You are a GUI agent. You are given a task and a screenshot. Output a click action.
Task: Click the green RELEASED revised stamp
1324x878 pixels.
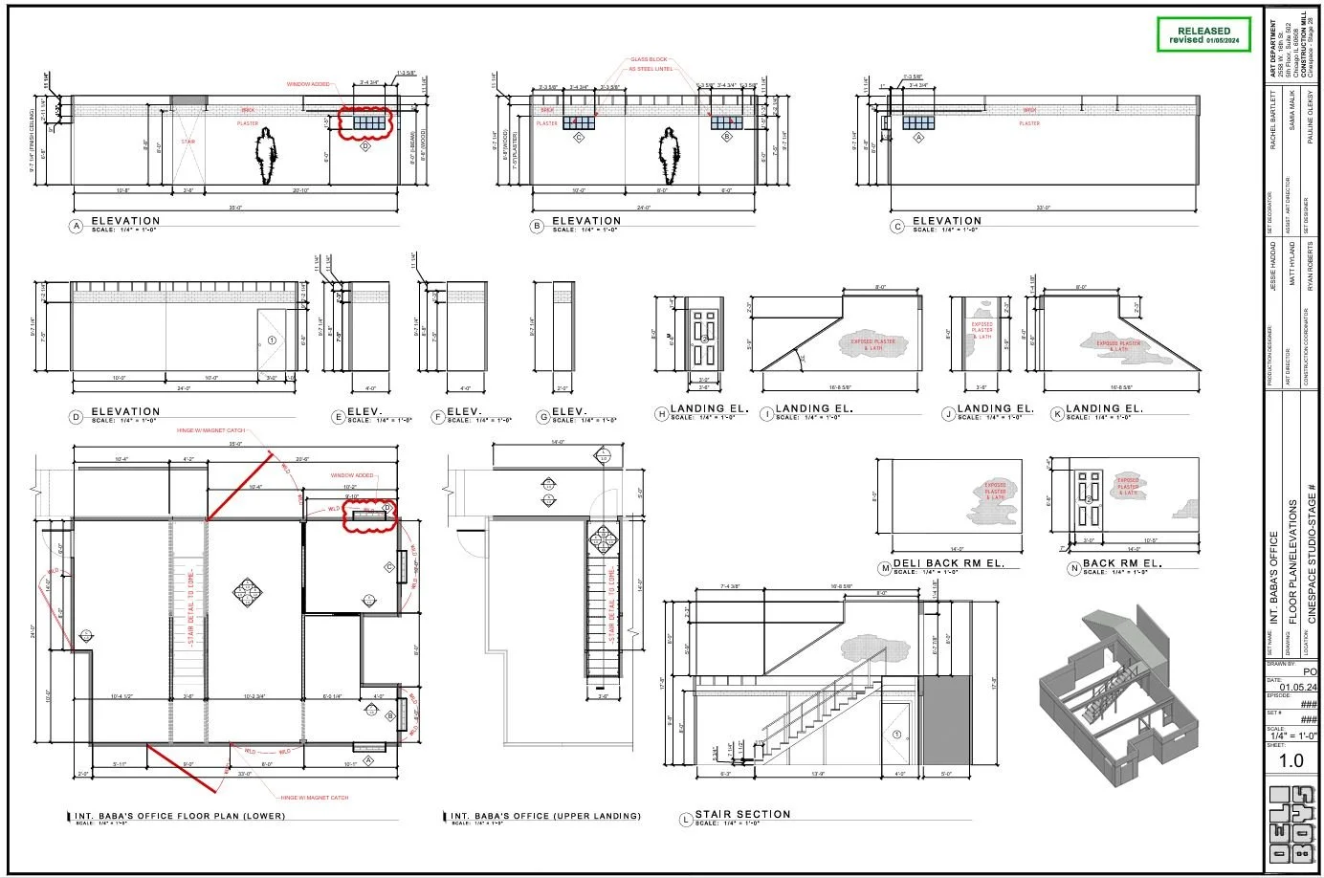(1203, 35)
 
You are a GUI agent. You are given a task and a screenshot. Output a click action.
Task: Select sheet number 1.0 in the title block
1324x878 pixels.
(1291, 760)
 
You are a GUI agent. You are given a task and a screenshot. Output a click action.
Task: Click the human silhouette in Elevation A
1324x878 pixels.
(267, 155)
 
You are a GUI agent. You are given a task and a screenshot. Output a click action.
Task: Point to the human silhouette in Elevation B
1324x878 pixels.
(669, 155)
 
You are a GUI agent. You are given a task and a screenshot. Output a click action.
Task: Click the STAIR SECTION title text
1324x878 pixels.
(742, 814)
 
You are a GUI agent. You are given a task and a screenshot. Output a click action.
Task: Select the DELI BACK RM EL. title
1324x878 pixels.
(948, 563)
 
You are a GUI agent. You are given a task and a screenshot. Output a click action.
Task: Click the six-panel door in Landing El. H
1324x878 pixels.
(703, 338)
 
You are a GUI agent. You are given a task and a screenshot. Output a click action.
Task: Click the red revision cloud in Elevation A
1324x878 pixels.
(366, 123)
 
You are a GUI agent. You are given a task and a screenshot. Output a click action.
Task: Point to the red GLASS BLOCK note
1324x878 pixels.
(648, 59)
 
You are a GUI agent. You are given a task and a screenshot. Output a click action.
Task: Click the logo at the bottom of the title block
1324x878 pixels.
(1291, 826)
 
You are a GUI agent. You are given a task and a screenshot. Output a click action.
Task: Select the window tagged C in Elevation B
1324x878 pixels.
(578, 122)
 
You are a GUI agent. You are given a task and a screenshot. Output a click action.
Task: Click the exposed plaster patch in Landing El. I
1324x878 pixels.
(867, 344)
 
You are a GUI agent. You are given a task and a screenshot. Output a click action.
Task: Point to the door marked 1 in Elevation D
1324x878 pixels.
(271, 340)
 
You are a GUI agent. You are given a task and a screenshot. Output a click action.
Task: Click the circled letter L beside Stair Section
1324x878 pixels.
(685, 820)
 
